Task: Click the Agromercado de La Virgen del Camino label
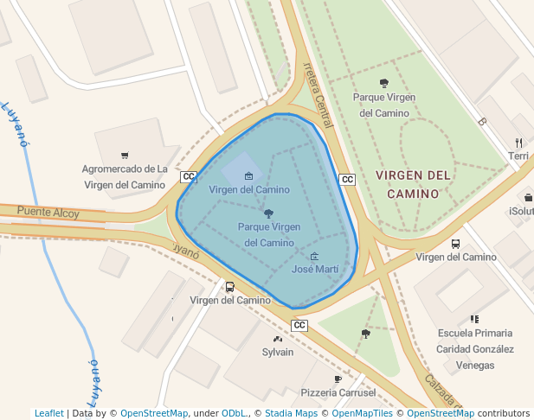[x=125, y=176]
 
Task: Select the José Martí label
[x=314, y=270]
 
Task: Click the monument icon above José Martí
[x=314, y=256]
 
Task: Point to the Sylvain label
[x=278, y=352]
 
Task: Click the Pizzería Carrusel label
[x=338, y=392]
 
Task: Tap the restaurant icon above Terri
[x=518, y=143]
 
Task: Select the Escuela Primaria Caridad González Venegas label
[x=474, y=348]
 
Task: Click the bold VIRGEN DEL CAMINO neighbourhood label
[x=414, y=184]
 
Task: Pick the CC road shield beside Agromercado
[x=188, y=177]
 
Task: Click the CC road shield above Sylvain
[x=299, y=325]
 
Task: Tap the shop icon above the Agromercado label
[x=125, y=156]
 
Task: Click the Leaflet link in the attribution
[x=48, y=413]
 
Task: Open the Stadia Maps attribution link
[x=291, y=413]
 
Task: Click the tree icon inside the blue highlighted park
[x=268, y=213]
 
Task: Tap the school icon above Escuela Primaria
[x=474, y=319]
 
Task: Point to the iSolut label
[x=521, y=211]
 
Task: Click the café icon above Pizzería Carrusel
[x=338, y=379]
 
